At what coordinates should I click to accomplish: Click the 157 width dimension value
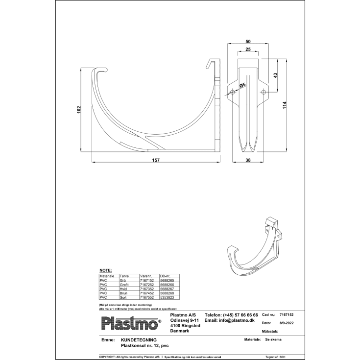pos(156,160)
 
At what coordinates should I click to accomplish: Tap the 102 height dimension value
pos(79,110)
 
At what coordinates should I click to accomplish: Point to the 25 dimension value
pos(248,50)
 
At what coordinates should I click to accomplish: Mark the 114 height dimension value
pos(285,105)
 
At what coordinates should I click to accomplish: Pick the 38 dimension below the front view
pos(248,160)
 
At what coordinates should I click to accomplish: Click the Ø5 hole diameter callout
pos(241,86)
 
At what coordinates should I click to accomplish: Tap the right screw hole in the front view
pos(263,92)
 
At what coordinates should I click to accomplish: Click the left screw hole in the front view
pos(233,92)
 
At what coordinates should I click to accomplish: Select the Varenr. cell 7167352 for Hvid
pos(147,289)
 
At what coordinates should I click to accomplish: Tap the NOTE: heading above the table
pos(105,270)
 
